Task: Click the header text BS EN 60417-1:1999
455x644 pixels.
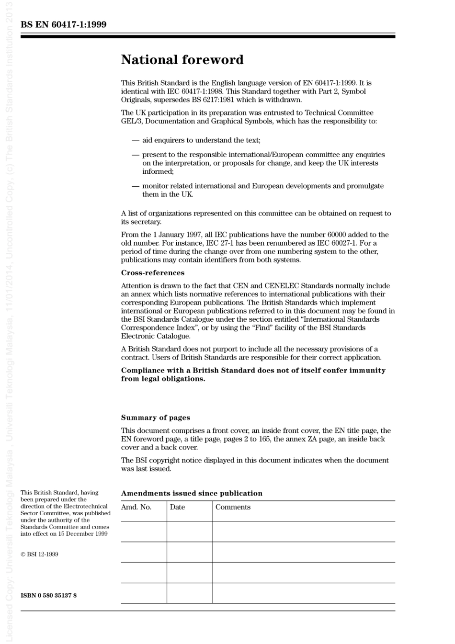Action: point(63,24)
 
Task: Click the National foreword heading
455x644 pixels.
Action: point(182,60)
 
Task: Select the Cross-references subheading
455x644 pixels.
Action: point(152,273)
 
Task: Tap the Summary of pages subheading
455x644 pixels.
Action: point(155,418)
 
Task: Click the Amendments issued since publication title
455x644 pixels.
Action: point(192,493)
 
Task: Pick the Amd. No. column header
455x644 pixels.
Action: point(136,507)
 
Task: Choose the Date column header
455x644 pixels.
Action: point(177,507)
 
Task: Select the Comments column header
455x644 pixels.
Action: point(233,507)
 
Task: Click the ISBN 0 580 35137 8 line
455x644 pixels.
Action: point(48,596)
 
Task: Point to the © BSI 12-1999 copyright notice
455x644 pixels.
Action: point(39,554)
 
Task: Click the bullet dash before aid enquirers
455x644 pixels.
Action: point(136,140)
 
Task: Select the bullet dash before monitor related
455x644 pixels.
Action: point(136,186)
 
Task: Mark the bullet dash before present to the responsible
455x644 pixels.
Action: point(136,155)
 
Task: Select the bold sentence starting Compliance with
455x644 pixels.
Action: point(253,374)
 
